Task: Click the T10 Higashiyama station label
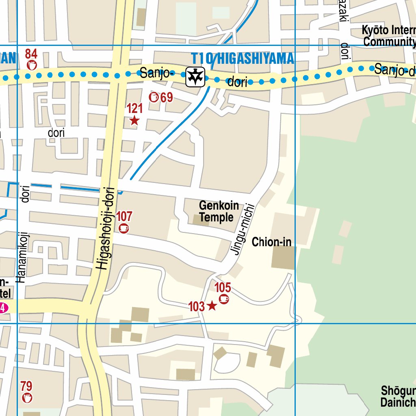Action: point(243,59)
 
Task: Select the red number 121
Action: point(134,108)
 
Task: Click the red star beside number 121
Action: point(134,121)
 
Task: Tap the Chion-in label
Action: point(271,243)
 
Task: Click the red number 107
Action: point(124,216)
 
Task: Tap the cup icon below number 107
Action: point(124,228)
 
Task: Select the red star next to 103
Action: point(212,306)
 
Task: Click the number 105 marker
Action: point(223,288)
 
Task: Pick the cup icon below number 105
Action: point(223,299)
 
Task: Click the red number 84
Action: point(31,54)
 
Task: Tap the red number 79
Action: point(26,386)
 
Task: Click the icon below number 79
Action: point(27,398)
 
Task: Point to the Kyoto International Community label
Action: point(389,36)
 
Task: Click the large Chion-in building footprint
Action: point(283,258)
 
